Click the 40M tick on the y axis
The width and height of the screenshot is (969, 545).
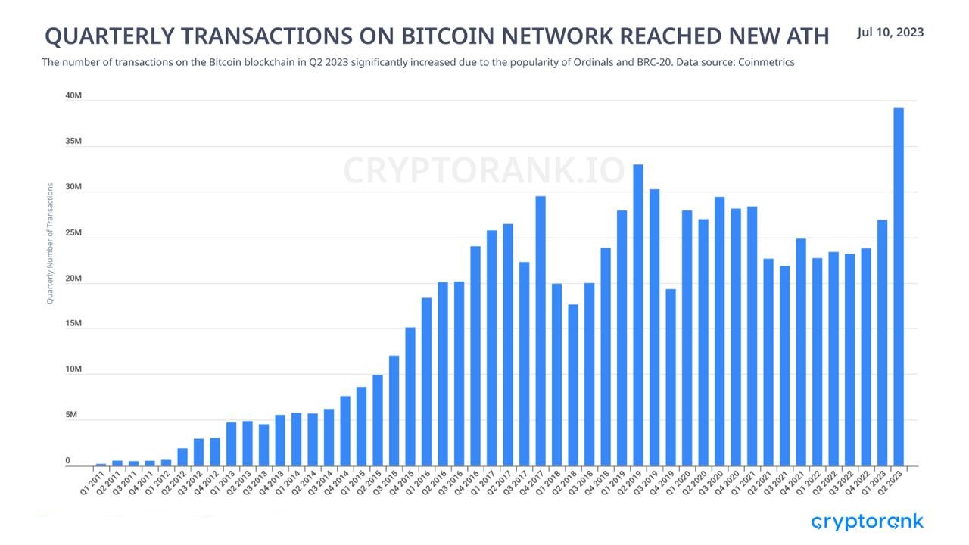pos(73,96)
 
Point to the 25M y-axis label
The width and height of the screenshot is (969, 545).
pos(73,233)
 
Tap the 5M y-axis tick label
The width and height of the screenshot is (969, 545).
pos(71,415)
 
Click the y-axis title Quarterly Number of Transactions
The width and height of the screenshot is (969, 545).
pos(50,243)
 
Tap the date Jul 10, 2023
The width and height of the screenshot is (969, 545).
pos(890,33)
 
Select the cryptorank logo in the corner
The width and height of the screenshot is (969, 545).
pos(867,522)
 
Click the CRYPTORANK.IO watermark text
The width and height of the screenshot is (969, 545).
pos(484,170)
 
